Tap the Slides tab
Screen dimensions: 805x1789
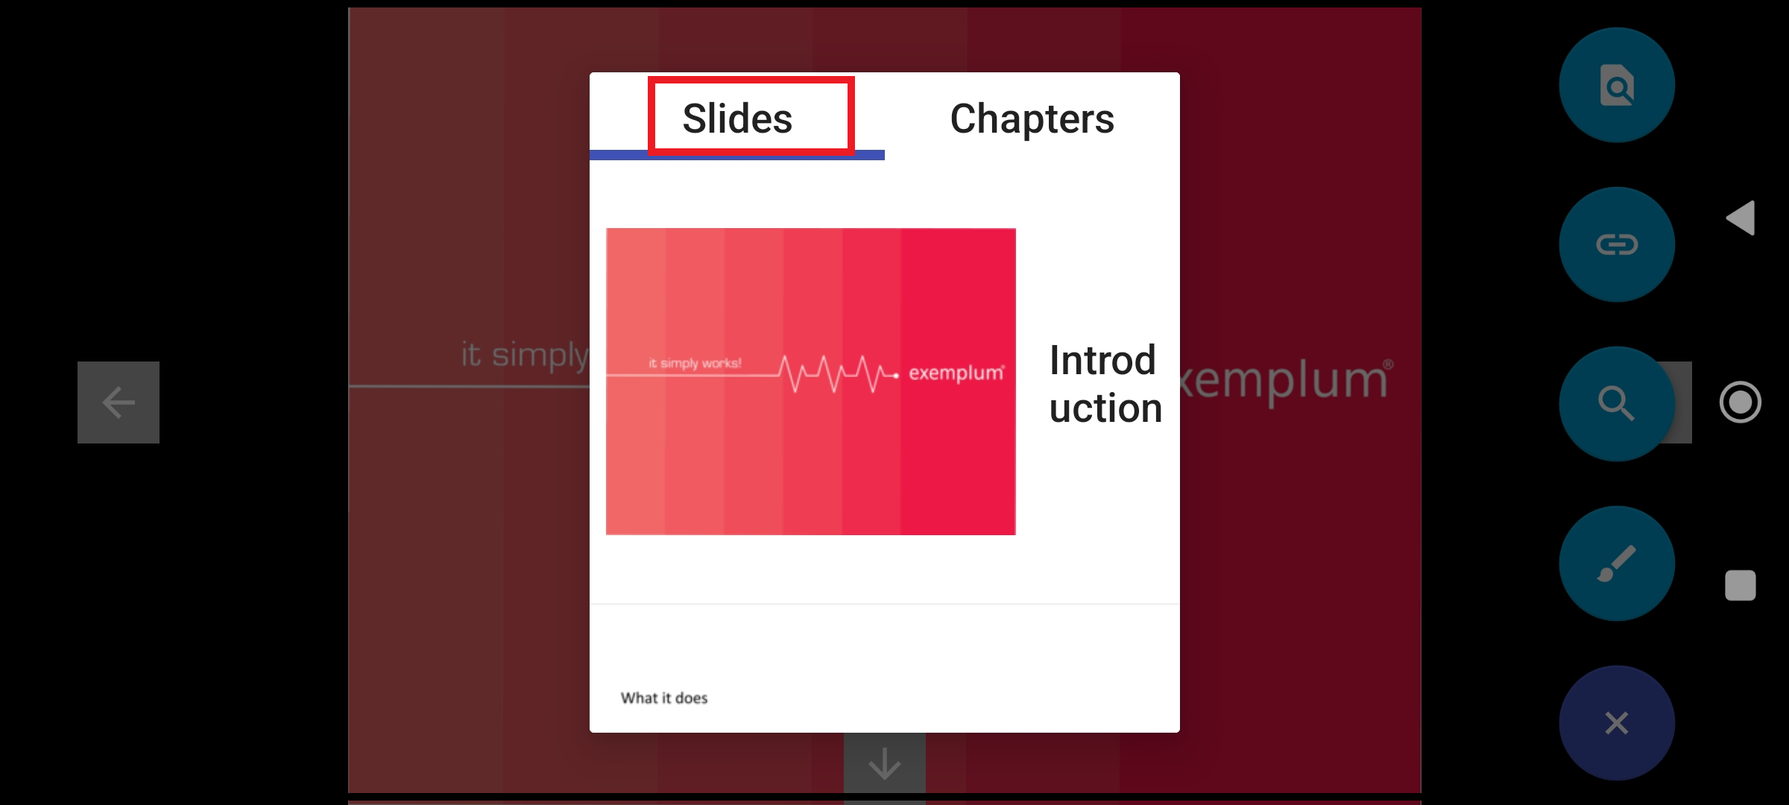[737, 119]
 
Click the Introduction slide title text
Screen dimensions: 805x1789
[1105, 385]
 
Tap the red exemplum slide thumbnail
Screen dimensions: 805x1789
[810, 447]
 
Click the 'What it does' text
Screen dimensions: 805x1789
[664, 698]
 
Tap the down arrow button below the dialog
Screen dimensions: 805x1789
[884, 763]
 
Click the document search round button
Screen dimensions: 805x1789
[1616, 86]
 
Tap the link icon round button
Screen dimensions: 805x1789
[1616, 244]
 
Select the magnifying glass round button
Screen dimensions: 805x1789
[1616, 403]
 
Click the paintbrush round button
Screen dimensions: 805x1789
[1616, 563]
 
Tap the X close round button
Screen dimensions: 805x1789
[1616, 722]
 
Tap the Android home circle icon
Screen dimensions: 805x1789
[1740, 402]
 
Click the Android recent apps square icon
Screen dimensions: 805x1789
[1740, 585]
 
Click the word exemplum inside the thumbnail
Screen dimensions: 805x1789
[956, 373]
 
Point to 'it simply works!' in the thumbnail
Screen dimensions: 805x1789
[695, 364]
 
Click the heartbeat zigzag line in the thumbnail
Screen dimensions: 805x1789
[835, 373]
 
